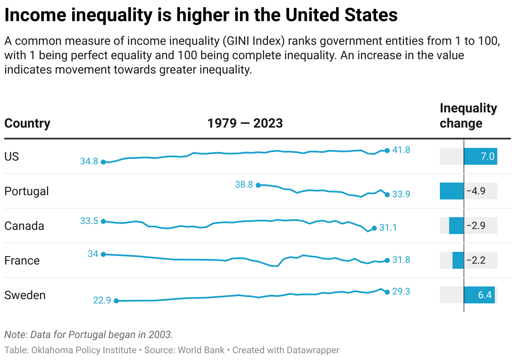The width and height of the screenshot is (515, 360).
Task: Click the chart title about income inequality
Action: pyautogui.click(x=201, y=15)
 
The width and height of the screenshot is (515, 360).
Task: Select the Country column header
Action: pyautogui.click(x=27, y=123)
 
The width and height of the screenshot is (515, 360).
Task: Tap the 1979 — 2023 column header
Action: pyautogui.click(x=245, y=123)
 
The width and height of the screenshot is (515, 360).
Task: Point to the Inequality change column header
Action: pyautogui.click(x=468, y=115)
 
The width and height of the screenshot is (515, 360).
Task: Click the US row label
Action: pyautogui.click(x=11, y=156)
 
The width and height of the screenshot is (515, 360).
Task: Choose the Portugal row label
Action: pyautogui.click(x=27, y=191)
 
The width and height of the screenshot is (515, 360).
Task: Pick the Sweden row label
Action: pyautogui.click(x=25, y=295)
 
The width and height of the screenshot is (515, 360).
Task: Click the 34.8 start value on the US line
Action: pyautogui.click(x=89, y=161)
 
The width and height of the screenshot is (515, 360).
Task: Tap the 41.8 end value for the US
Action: pyautogui.click(x=401, y=150)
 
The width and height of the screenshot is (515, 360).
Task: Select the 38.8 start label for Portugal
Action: pyautogui.click(x=244, y=185)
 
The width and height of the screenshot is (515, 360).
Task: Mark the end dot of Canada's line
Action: pyautogui.click(x=374, y=228)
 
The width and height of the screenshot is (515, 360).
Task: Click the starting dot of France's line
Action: pyautogui.click(x=103, y=254)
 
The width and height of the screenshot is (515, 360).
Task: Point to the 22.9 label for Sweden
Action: pyautogui.click(x=102, y=300)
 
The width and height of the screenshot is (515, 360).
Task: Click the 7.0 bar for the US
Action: pyautogui.click(x=480, y=156)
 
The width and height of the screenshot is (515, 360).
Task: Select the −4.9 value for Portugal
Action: pyautogui.click(x=476, y=191)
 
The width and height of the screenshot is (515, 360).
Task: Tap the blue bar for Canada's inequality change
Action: pyautogui.click(x=456, y=226)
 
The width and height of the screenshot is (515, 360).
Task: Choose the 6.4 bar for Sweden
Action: pyautogui.click(x=479, y=295)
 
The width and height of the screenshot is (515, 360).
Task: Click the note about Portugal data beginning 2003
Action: pyautogui.click(x=89, y=335)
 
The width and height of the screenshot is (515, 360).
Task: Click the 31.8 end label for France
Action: pyautogui.click(x=401, y=260)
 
